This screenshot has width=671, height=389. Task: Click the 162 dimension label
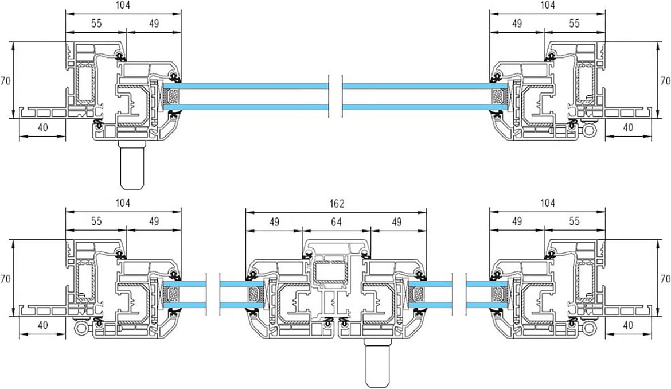[337, 204]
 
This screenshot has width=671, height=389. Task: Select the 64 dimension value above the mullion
[336, 221]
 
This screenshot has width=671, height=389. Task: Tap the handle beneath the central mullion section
[377, 362]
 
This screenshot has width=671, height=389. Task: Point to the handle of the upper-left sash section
[132, 164]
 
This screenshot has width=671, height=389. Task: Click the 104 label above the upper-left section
[123, 5]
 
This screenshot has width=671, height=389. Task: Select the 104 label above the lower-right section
[547, 203]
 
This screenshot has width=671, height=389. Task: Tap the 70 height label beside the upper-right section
[665, 81]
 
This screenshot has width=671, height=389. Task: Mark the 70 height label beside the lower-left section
[5, 279]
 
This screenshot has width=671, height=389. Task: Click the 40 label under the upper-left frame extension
[43, 127]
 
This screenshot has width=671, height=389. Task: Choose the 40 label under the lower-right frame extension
[628, 325]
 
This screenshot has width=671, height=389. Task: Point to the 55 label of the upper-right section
[574, 23]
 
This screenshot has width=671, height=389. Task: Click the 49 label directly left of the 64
[274, 221]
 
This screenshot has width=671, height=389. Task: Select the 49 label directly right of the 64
[397, 221]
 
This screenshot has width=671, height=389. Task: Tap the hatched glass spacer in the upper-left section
[172, 96]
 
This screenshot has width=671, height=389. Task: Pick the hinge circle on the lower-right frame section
[589, 328]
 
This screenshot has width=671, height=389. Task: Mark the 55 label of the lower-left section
[96, 221]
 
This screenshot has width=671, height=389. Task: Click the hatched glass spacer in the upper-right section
[498, 96]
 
